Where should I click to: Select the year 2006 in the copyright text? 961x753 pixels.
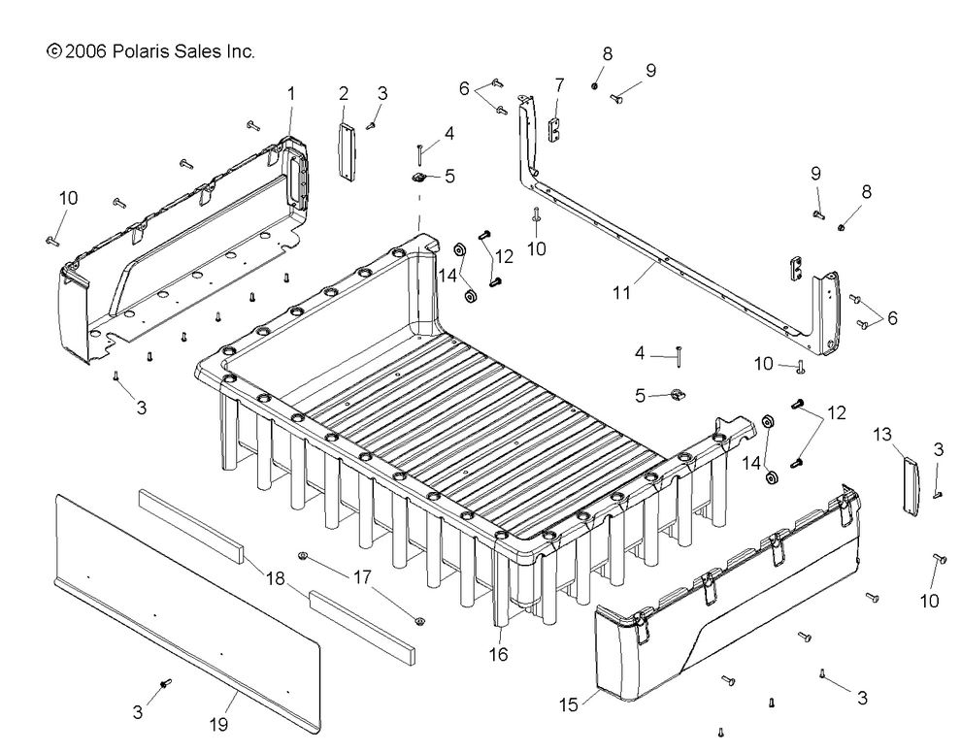point(86,50)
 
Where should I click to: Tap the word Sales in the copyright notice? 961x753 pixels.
point(198,50)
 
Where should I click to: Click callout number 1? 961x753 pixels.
point(291,93)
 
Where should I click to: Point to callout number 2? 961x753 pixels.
point(344,93)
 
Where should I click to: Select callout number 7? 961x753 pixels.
point(559,85)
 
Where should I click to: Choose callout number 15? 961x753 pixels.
point(569,704)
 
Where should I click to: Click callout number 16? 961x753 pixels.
point(498,655)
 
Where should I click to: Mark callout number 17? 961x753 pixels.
point(361,575)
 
